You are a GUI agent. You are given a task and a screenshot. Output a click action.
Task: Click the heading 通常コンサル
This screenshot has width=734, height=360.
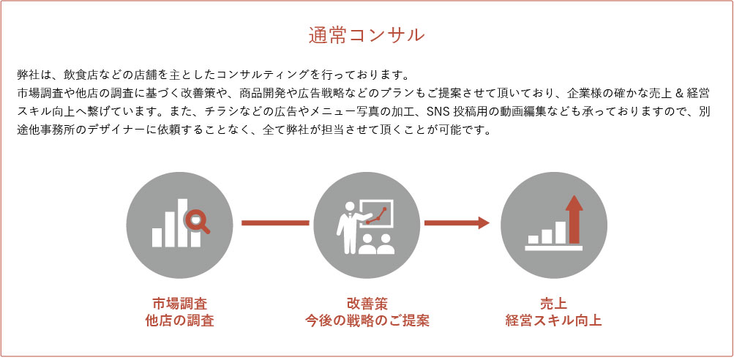click(x=367, y=36)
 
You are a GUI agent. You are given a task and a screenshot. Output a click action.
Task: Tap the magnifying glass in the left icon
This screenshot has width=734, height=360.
click(x=197, y=220)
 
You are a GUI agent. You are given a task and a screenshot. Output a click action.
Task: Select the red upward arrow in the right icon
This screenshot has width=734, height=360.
click(x=574, y=220)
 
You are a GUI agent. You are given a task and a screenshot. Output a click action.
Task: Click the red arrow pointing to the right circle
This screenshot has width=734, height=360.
click(x=457, y=223)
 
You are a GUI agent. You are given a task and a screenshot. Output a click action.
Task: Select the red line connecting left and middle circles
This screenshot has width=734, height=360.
click(x=275, y=223)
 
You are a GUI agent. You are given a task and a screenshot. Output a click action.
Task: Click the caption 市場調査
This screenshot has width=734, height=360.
click(x=180, y=304)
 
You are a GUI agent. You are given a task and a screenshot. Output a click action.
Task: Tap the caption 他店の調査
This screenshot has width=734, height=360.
click(x=180, y=321)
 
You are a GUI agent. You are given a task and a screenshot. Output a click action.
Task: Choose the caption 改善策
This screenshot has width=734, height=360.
click(x=367, y=304)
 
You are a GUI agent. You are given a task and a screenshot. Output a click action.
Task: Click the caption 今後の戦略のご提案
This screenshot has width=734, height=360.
click(x=367, y=321)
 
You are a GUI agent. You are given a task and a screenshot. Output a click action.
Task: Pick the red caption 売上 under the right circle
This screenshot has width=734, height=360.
click(x=554, y=304)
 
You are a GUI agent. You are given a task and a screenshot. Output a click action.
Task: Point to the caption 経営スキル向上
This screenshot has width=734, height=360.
click(x=554, y=321)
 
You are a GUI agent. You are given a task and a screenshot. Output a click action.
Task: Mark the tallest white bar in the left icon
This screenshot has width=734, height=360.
click(x=182, y=223)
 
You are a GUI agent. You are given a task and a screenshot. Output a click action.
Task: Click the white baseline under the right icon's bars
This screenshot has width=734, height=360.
click(x=554, y=248)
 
